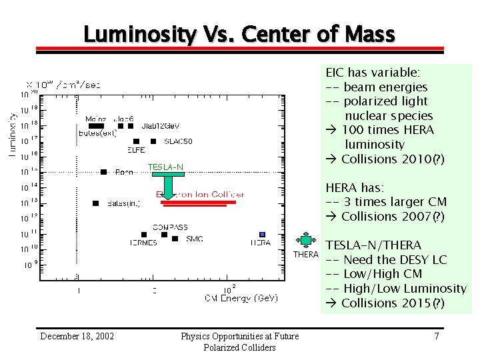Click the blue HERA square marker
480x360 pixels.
coord(263,235)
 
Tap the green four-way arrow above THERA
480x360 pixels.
coord(306,239)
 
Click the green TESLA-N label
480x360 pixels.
coord(165,167)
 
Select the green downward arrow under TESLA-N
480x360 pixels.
coord(169,187)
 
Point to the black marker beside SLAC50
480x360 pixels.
coord(153,141)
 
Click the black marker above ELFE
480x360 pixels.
coord(137,141)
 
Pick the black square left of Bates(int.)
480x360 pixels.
coord(96,203)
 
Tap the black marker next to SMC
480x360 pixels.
coord(175,239)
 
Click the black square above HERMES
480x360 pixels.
coord(143,235)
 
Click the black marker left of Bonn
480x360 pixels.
coord(103,172)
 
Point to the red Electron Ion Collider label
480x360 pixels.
coord(200,195)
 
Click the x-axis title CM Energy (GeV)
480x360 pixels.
coord(241,298)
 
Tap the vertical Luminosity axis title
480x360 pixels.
coord(13,134)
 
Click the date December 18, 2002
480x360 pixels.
coord(77,336)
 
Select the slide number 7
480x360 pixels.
coord(436,336)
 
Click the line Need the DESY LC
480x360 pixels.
coord(395,259)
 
